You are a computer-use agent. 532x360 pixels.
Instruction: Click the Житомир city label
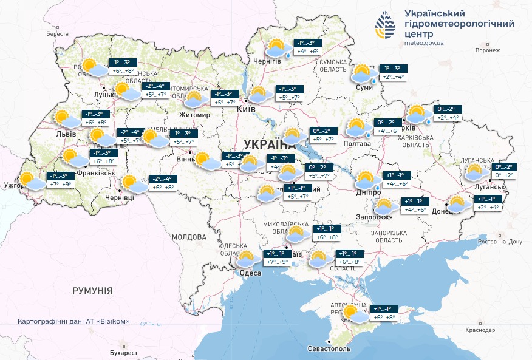pos(194,115)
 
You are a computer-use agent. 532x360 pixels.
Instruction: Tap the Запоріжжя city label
pos(379,217)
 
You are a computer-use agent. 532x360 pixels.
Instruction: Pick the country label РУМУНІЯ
pos(92,291)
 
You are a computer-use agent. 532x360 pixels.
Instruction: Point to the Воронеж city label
pos(488,50)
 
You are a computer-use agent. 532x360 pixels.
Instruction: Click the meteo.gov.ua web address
pos(423,43)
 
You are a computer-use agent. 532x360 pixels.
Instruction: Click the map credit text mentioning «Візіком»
pos(74,321)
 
